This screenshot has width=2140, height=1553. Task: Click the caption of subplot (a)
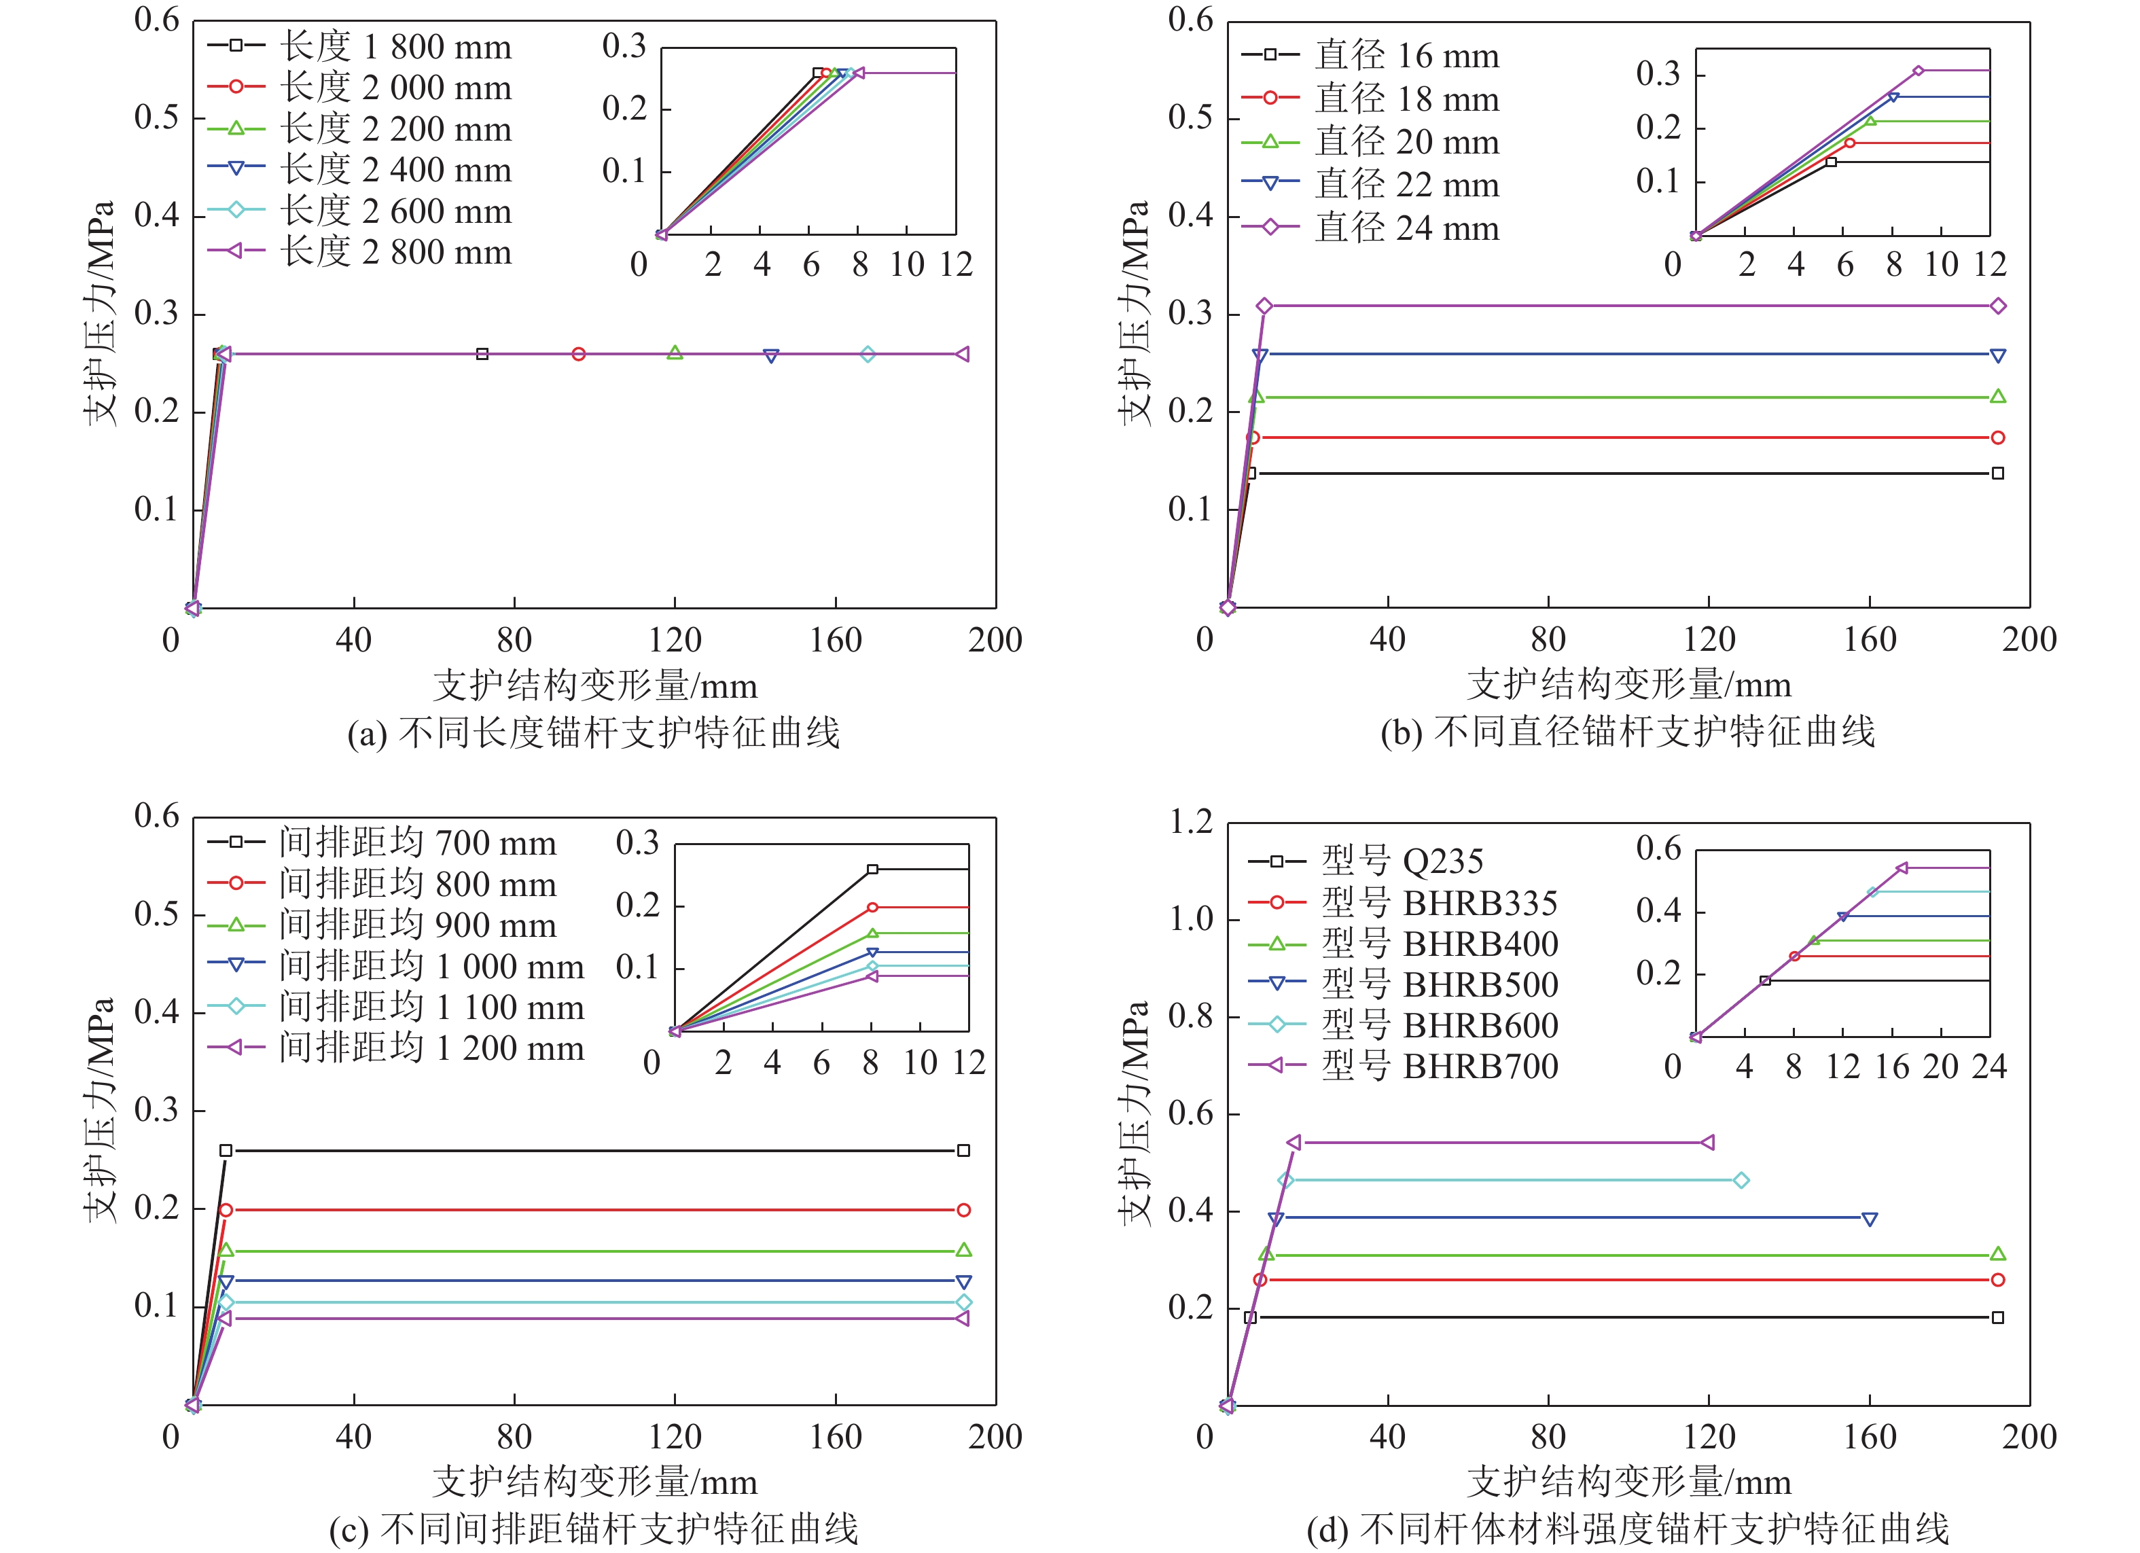tap(594, 733)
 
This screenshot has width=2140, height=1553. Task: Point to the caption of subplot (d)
tap(1628, 1529)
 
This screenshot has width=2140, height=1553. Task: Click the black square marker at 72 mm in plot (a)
tap(482, 354)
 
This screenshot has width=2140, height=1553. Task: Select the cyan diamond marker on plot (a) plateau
tap(867, 354)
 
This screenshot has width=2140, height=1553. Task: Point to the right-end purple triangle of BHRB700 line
tap(1707, 1143)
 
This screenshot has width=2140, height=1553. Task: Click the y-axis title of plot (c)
tap(100, 1111)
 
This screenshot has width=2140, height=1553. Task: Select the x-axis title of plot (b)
tap(1628, 685)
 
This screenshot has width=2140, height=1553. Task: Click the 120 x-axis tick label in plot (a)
tap(675, 641)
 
